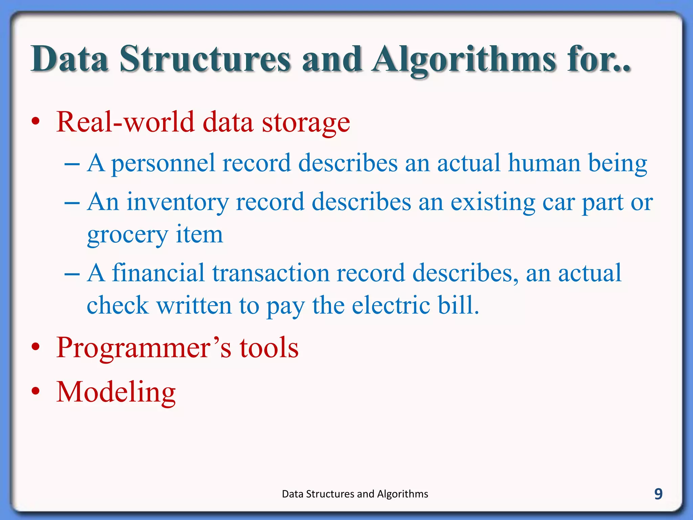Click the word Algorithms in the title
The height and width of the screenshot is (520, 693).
pos(464,60)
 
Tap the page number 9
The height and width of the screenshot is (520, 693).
pos(658,494)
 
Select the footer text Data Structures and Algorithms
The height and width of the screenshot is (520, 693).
pos(355,494)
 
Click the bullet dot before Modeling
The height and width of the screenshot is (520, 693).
pos(36,391)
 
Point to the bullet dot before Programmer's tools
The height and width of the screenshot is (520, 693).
pos(36,347)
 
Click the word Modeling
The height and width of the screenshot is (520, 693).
pos(116,392)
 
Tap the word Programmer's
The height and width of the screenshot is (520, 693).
pos(144,348)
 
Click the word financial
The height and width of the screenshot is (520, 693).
pos(158,273)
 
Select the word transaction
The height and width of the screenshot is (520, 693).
pos(271,273)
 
